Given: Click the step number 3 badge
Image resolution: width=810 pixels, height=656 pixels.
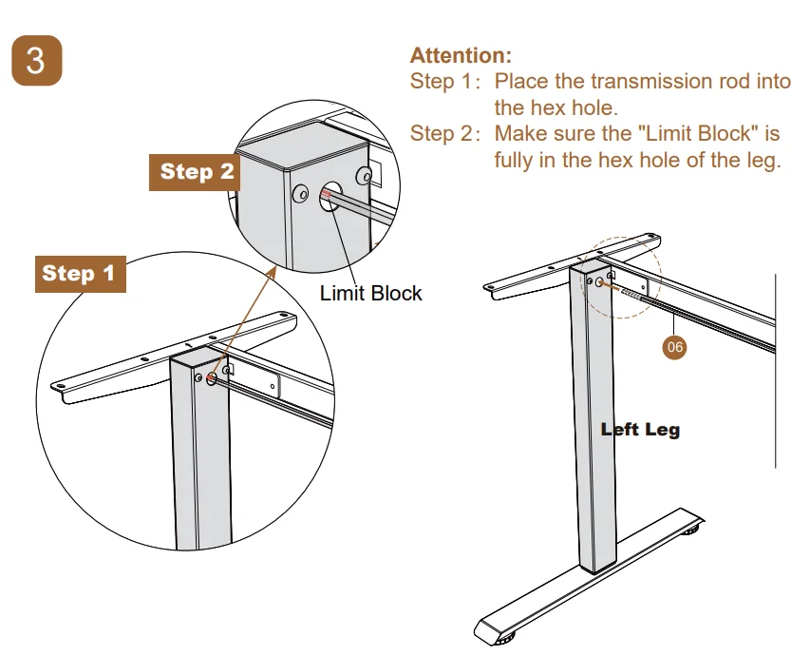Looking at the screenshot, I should [36, 61].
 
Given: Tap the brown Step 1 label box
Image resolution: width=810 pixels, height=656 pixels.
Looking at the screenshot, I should [78, 274].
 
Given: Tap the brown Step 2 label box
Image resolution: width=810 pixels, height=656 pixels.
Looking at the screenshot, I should [195, 171].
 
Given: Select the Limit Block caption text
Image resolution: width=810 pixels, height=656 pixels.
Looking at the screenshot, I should [370, 293].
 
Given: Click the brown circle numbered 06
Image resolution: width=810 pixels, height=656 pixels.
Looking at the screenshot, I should [674, 347].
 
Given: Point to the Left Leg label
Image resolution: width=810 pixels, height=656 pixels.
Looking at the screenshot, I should [640, 430].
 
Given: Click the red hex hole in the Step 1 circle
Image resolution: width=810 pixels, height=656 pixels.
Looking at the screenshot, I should [210, 378].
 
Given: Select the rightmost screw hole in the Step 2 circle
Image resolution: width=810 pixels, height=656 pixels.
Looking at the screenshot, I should [363, 176].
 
